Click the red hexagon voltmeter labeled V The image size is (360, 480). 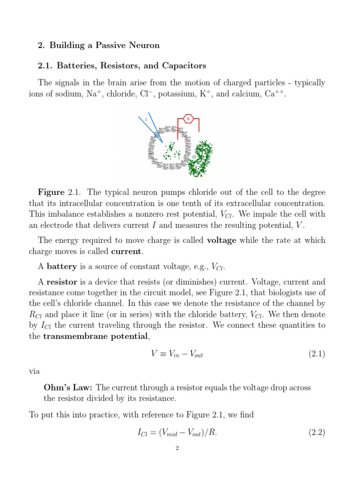188,119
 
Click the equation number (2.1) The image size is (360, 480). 316,354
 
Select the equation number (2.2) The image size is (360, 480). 316,433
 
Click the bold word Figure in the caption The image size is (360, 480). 51,193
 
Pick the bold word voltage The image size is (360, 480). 222,240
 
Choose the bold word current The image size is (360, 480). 126,252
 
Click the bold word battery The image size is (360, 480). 61,267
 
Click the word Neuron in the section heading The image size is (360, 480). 142,45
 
